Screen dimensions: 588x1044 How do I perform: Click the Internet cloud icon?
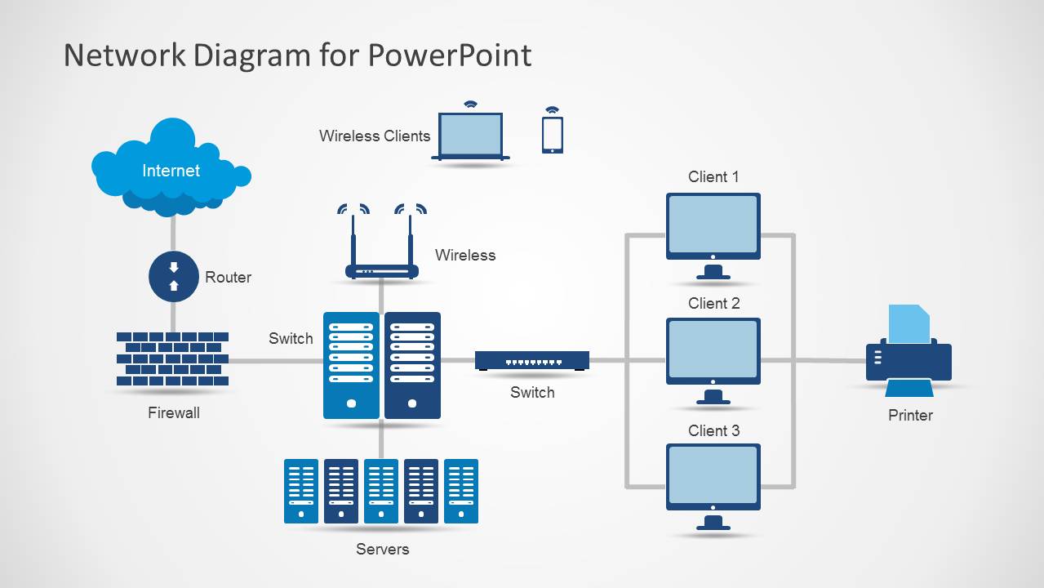[x=171, y=169]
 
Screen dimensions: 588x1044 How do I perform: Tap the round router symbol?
[x=173, y=277]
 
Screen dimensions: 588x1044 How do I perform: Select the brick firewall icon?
[x=172, y=359]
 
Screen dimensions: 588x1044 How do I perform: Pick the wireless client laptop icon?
[x=471, y=136]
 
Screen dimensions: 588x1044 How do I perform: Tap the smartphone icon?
[x=553, y=134]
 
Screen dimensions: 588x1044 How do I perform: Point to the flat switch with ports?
[x=532, y=360]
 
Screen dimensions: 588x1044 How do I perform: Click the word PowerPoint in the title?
[x=449, y=55]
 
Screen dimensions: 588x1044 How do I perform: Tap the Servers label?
[x=382, y=549]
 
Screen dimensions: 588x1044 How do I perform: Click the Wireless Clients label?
[x=374, y=136]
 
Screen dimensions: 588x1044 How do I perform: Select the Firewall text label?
[x=173, y=412]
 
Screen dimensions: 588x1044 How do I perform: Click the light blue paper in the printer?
[x=909, y=323]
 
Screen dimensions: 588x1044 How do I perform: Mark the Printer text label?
[x=910, y=415]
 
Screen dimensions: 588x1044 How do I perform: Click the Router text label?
[x=228, y=277]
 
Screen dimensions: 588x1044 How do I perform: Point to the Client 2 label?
[x=713, y=303]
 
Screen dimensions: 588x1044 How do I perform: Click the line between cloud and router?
[x=173, y=234]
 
